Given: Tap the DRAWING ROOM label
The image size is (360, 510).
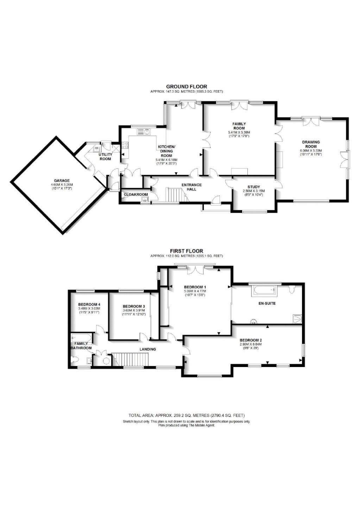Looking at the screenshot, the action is [x=311, y=144].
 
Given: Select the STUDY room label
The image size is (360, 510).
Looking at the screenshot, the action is [x=254, y=187].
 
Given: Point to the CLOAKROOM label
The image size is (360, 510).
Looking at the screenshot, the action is [x=136, y=194].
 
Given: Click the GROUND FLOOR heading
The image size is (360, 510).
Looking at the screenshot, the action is [x=187, y=87].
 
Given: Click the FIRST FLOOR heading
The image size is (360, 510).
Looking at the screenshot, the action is [x=187, y=251].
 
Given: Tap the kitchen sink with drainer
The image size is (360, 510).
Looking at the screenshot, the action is [x=144, y=132].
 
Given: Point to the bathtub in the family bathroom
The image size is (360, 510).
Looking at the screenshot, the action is [x=81, y=338].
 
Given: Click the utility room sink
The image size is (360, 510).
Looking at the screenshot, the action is [x=97, y=149].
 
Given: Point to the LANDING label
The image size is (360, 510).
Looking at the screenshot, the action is [x=147, y=349].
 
